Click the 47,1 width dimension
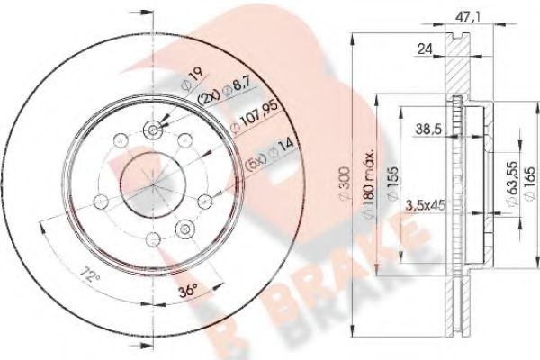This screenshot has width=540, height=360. (463, 14)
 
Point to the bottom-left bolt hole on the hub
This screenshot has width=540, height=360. (100, 199)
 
